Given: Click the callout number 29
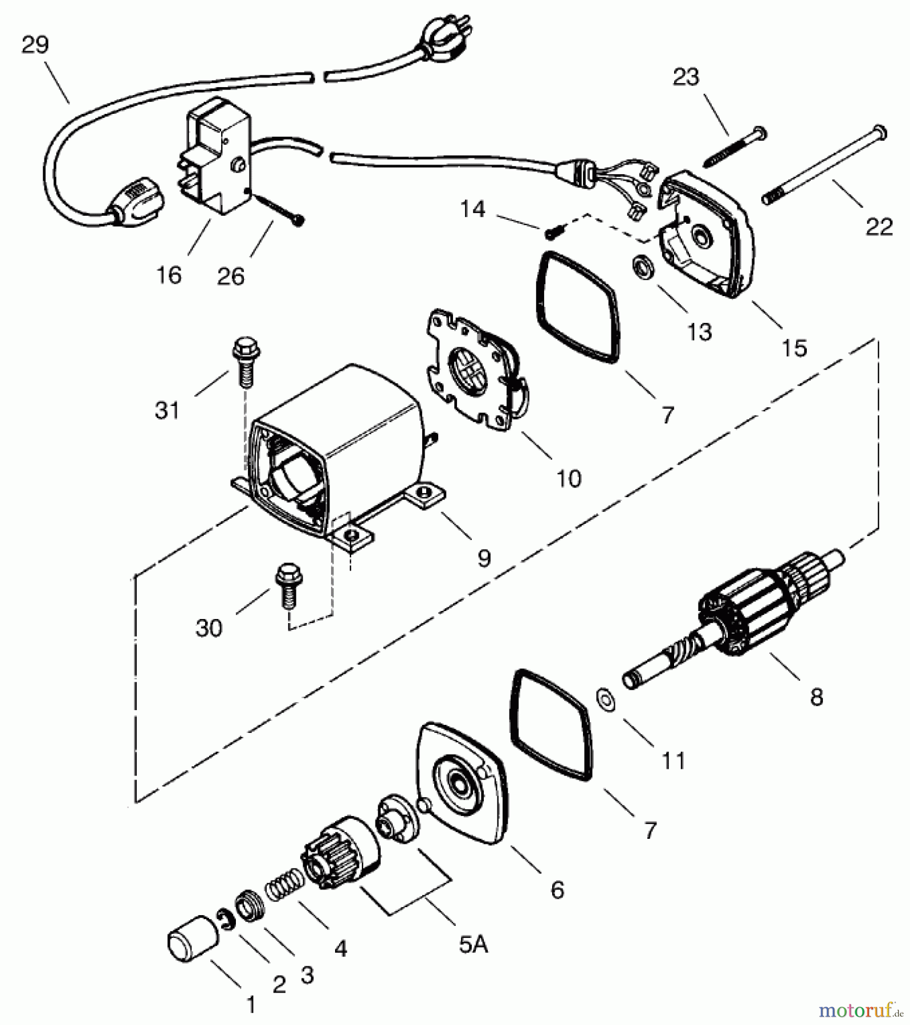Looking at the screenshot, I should pyautogui.click(x=35, y=44).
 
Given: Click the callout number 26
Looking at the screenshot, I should pyautogui.click(x=230, y=276).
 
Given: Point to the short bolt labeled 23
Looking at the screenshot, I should pyautogui.click(x=735, y=146).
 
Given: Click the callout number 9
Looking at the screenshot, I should pyautogui.click(x=484, y=557).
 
